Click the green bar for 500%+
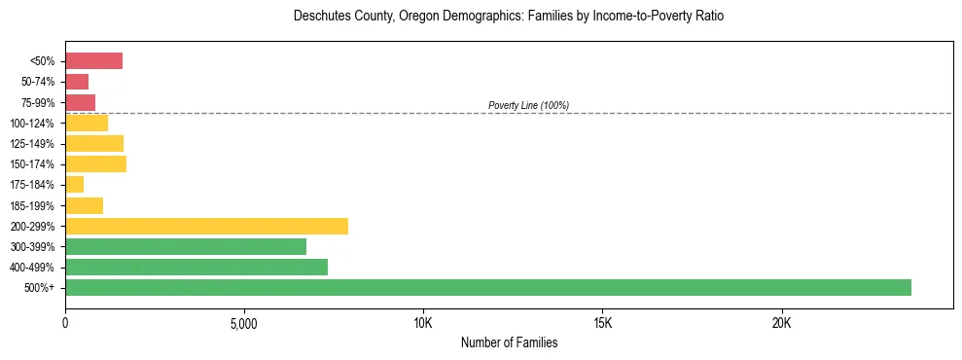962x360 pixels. pyautogui.click(x=487, y=287)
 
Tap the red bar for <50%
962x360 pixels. pyautogui.click(x=93, y=61)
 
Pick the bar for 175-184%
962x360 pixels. pyautogui.click(x=74, y=185)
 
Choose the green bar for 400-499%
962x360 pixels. pyautogui.click(x=196, y=267)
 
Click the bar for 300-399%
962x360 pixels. pyautogui.click(x=186, y=246)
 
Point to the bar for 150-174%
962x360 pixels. pyautogui.click(x=95, y=164)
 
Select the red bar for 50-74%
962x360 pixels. pyautogui.click(x=77, y=82)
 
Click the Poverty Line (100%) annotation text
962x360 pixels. pyautogui.click(x=528, y=105)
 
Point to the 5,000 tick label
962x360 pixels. pyautogui.click(x=244, y=323)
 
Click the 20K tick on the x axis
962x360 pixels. pyautogui.click(x=781, y=323)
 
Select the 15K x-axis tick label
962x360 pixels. pyautogui.click(x=602, y=323)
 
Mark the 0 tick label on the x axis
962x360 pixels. pyautogui.click(x=65, y=323)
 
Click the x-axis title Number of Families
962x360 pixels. pyautogui.click(x=509, y=342)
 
